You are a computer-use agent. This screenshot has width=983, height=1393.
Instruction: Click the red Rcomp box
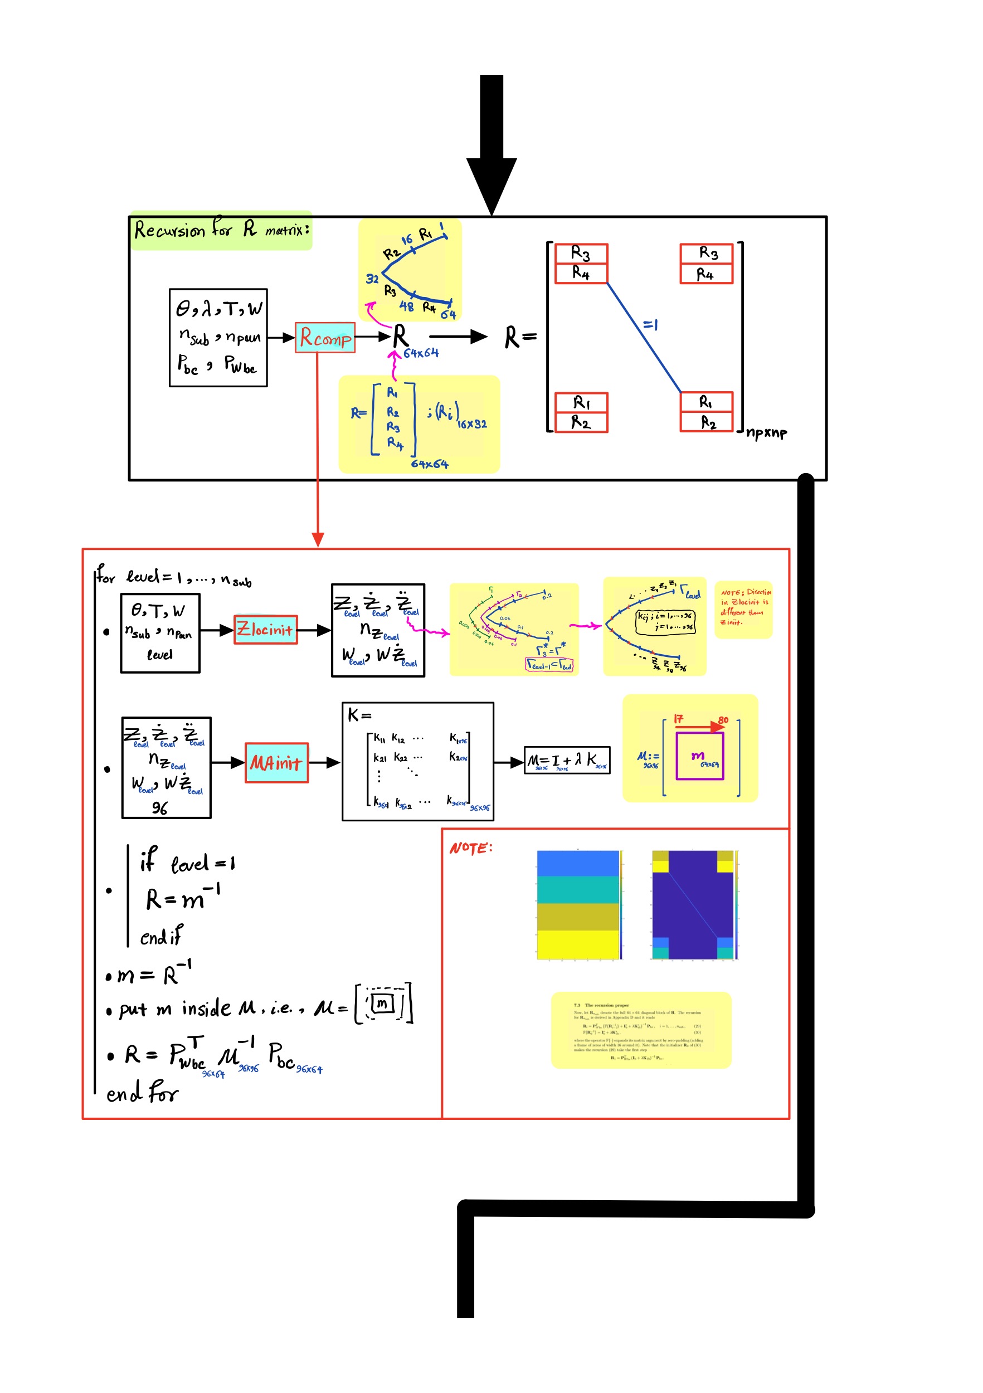point(325,337)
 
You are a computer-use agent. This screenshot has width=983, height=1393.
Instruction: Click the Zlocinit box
point(265,629)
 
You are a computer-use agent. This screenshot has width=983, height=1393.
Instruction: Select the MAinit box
point(276,762)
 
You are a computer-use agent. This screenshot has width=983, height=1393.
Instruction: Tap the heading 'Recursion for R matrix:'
point(221,230)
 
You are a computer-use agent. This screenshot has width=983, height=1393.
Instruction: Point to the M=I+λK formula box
point(566,759)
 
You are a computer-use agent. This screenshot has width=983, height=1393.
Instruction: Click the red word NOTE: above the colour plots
point(470,848)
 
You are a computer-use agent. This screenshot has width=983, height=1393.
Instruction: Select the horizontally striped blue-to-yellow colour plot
point(578,904)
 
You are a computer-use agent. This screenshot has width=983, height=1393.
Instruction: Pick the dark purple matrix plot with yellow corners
point(692,904)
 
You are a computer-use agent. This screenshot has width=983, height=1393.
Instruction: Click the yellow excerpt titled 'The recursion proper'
point(640,1030)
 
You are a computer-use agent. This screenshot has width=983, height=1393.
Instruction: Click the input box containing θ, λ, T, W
point(218,337)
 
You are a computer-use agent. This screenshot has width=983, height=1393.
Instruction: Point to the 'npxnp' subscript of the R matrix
point(766,432)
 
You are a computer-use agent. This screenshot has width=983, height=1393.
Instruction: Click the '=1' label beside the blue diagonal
point(650,325)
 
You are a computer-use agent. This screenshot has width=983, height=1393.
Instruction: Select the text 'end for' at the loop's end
point(142,1093)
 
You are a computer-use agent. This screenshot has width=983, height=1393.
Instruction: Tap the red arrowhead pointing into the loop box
point(317,539)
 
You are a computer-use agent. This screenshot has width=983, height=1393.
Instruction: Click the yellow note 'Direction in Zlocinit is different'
point(744,607)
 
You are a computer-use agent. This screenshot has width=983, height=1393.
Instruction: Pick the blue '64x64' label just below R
point(421,353)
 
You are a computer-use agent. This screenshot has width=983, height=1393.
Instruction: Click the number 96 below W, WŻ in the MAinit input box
point(159,807)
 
